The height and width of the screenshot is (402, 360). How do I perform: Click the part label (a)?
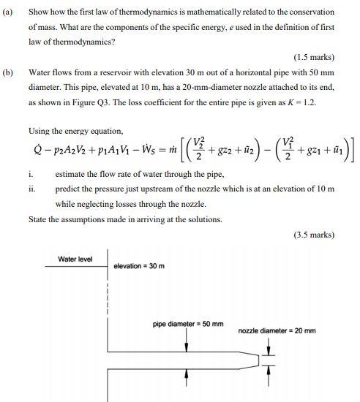pos(8,12)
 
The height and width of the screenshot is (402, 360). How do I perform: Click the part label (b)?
pos(8,74)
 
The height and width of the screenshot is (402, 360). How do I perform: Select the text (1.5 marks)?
pos(314,57)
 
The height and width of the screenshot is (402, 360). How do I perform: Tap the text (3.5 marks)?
pos(314,235)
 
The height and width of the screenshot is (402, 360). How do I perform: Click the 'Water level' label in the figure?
pos(75,259)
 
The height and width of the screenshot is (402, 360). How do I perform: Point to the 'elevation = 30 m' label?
pos(142,265)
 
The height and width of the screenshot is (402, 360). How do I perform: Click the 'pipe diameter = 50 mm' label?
pos(188,324)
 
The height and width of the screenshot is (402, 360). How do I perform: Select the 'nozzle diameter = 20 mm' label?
pos(277,330)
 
